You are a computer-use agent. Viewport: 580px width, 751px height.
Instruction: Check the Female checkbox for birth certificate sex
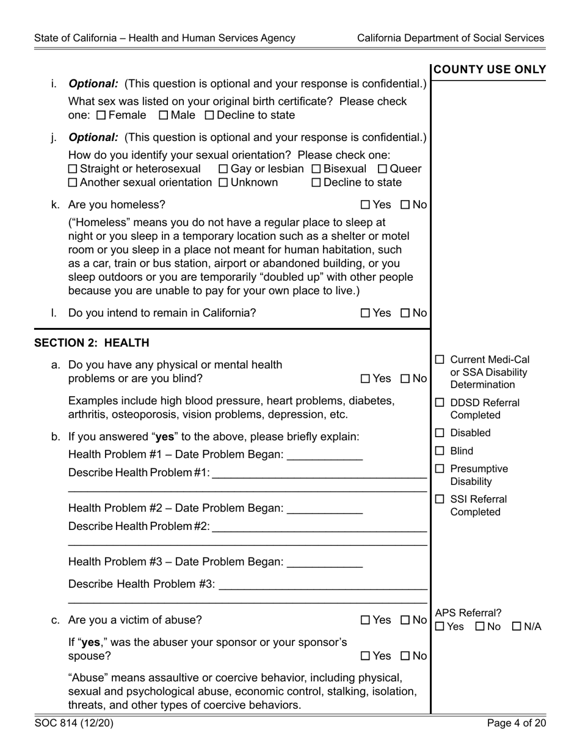coord(101,115)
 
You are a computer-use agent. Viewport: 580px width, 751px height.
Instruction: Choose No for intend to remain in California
coord(405,313)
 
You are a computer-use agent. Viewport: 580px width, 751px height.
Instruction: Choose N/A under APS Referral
coord(517,627)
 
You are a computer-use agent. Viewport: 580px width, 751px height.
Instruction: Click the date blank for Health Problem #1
coord(324,455)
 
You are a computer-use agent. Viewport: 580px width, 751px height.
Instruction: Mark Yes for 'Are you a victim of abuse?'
coord(366,620)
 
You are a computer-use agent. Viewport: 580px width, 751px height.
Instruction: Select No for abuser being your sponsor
coord(405,656)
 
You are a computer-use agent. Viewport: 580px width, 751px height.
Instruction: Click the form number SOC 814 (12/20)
coord(74,724)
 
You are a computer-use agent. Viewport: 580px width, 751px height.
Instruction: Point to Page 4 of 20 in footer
coord(516,724)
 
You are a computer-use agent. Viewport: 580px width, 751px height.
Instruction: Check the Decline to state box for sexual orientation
coord(316,183)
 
